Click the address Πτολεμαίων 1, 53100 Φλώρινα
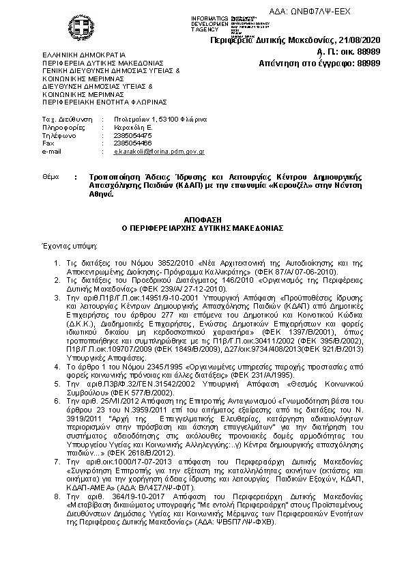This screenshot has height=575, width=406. [160, 119]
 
